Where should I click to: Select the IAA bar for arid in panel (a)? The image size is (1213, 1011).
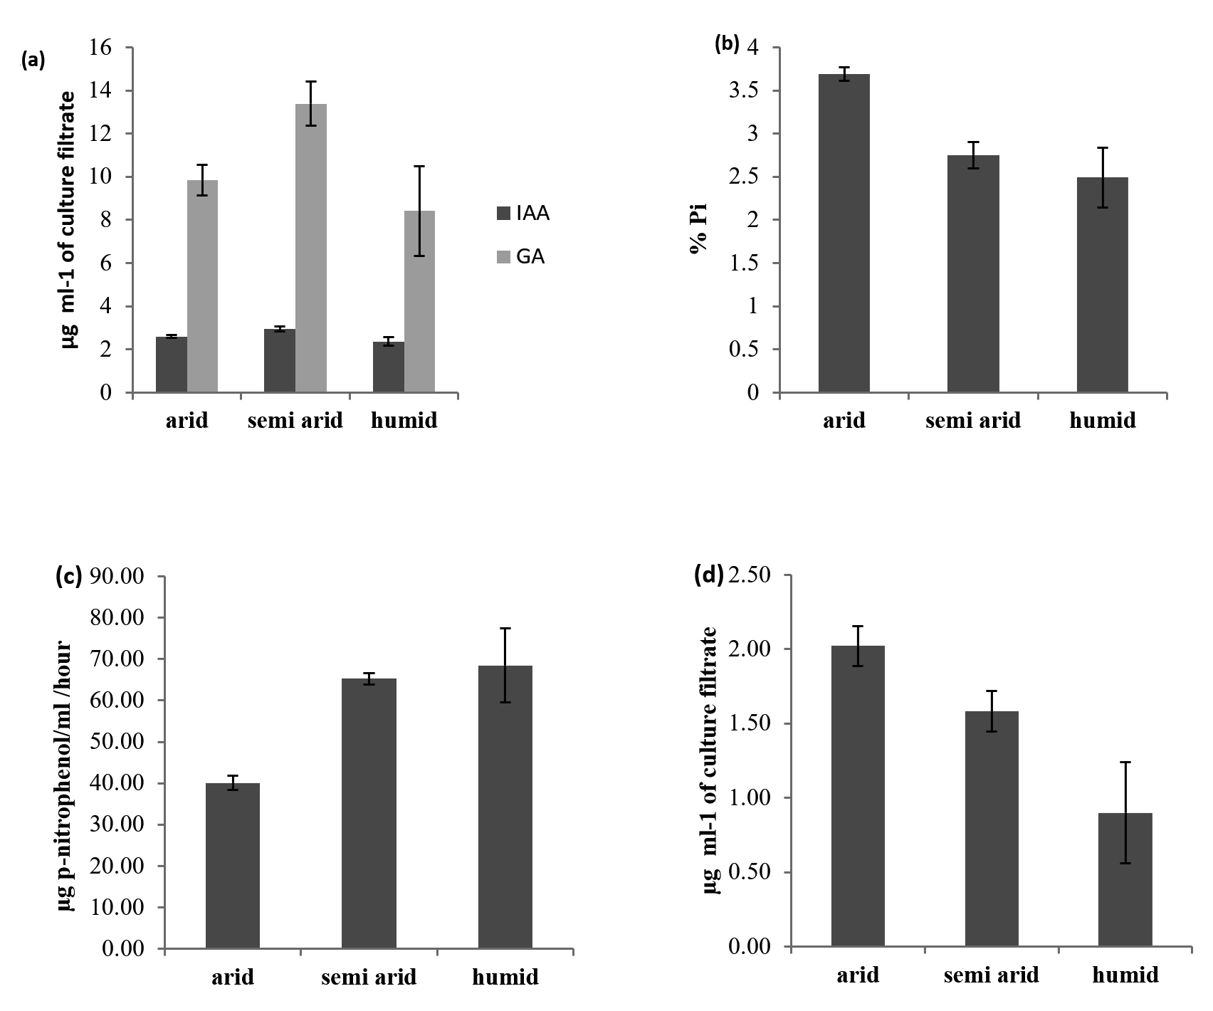click(172, 365)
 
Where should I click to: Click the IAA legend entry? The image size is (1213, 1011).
click(523, 213)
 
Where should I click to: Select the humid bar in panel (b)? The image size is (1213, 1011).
click(1102, 285)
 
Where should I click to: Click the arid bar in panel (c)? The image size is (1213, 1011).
click(233, 865)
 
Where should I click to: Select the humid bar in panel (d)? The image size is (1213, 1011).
click(1125, 879)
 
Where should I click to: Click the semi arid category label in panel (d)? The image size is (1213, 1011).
click(991, 975)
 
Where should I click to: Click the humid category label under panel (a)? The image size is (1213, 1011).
click(404, 421)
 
